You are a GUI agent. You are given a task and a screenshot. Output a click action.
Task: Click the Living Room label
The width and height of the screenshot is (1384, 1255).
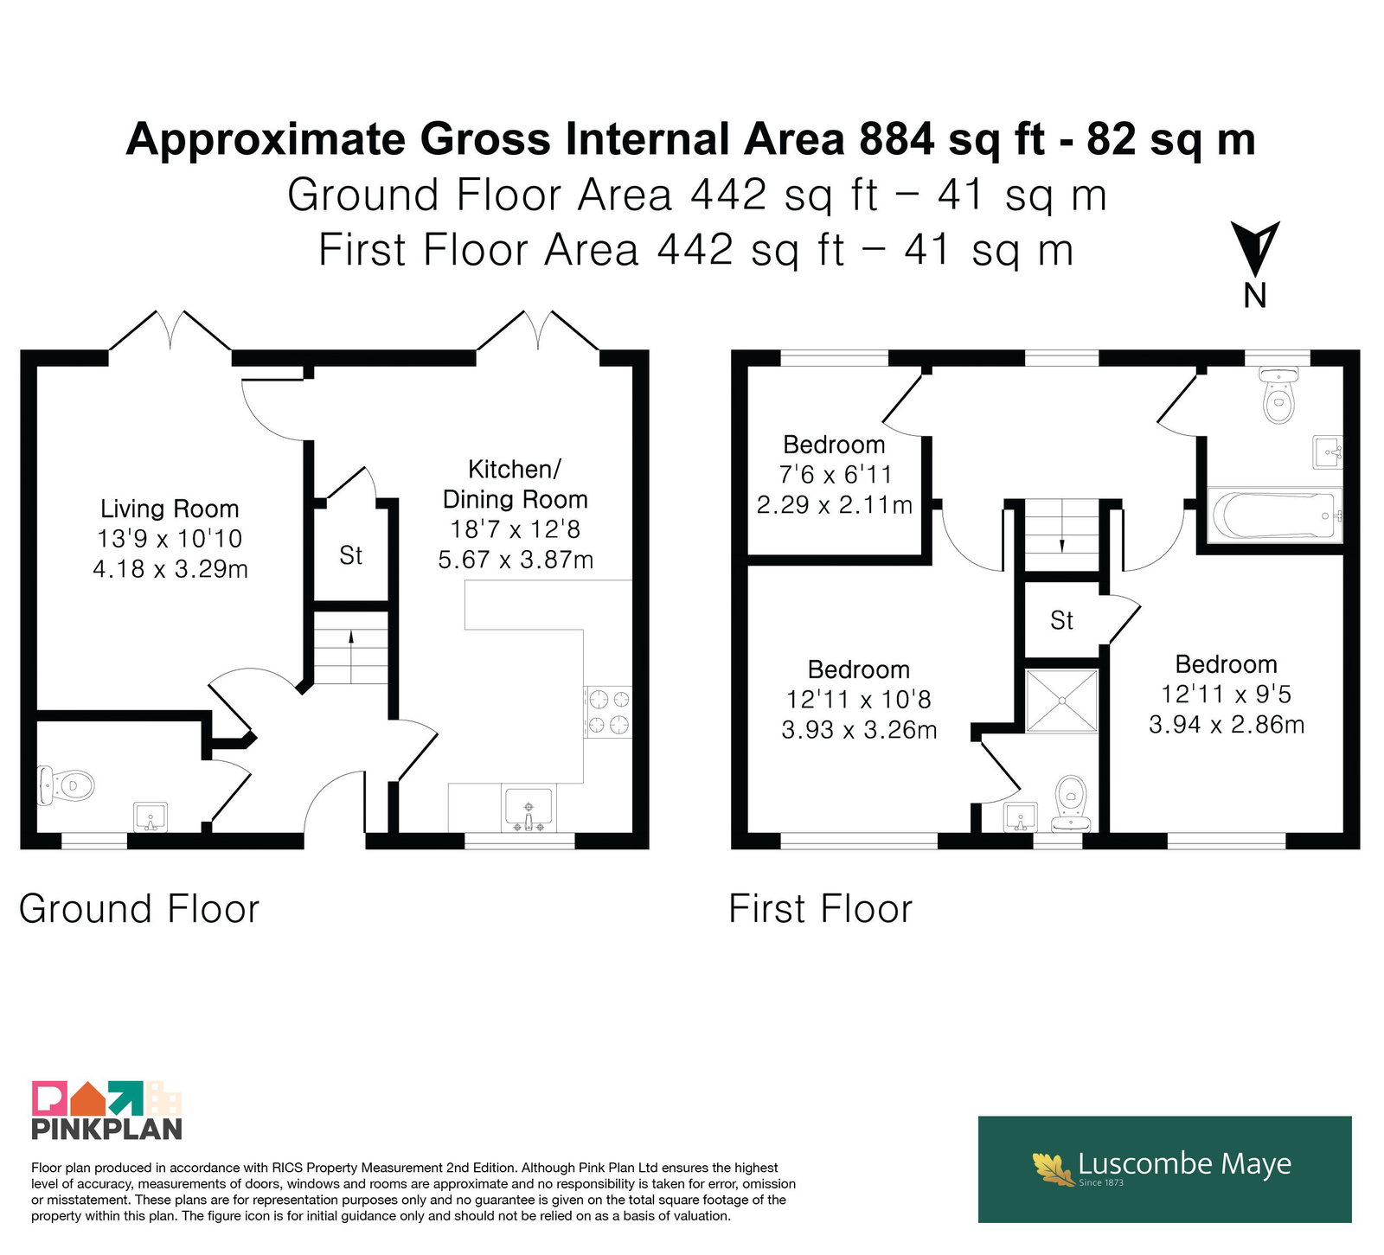click(170, 509)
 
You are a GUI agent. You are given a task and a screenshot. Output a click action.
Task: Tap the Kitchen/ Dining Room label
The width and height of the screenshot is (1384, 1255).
click(516, 484)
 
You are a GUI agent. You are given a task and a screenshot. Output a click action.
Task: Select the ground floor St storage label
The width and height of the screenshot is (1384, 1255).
click(351, 555)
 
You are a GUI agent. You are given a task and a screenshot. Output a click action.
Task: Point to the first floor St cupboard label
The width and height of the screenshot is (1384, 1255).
click(1061, 620)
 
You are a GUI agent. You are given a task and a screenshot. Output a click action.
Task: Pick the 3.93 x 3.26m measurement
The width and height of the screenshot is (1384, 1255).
click(859, 730)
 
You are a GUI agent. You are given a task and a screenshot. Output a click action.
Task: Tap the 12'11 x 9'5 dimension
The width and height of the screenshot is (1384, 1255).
click(1226, 694)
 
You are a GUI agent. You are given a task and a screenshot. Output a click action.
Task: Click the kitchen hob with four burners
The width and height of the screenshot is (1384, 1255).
click(608, 712)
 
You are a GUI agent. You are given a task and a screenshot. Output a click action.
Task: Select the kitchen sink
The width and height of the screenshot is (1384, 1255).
click(529, 810)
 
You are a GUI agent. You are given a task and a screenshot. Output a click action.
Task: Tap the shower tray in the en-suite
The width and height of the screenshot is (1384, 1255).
click(1062, 701)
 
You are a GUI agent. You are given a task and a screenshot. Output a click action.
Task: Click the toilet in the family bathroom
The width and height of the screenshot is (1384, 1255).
click(1279, 394)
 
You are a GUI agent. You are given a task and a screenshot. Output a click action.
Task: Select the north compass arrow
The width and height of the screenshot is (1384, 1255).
click(1256, 249)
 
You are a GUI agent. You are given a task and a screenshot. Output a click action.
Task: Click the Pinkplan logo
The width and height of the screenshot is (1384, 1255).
click(106, 1111)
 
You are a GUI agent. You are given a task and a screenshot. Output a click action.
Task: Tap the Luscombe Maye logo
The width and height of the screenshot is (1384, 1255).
click(1164, 1169)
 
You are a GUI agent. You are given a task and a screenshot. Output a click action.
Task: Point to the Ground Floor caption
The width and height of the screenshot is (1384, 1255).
click(139, 909)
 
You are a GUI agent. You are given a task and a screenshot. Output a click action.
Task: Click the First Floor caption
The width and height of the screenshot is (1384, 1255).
click(821, 909)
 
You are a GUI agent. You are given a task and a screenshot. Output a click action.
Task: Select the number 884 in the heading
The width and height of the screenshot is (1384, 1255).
click(897, 139)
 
